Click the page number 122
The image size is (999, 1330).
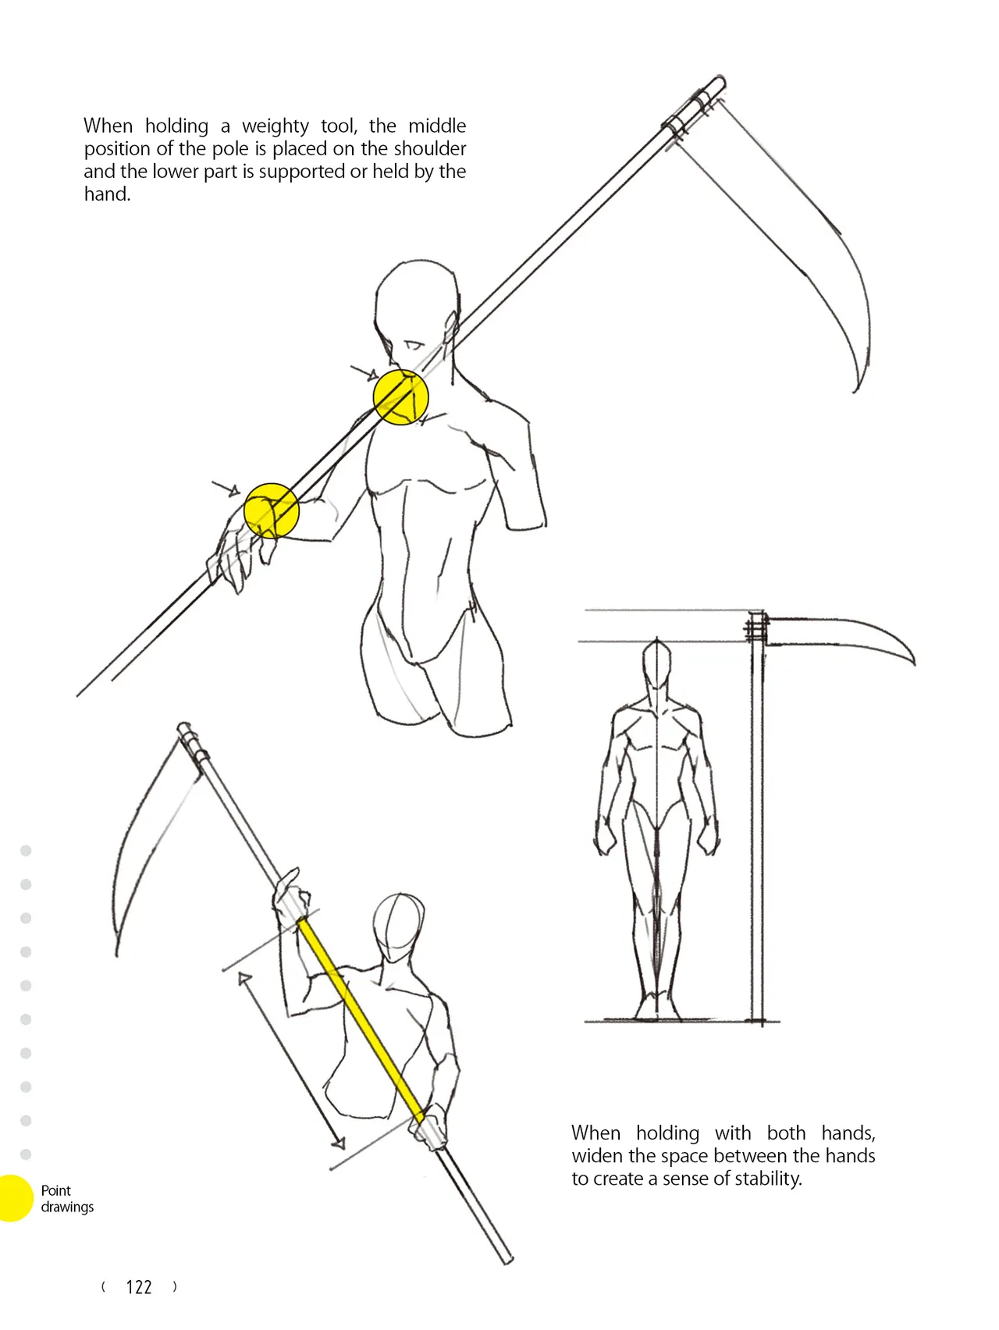139,1287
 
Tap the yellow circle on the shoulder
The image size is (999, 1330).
401,397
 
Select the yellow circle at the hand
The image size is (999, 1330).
272,510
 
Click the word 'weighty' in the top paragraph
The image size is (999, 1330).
276,126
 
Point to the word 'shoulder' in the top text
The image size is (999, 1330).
429,148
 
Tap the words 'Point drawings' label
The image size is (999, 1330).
67,1199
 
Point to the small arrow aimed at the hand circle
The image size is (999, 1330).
226,489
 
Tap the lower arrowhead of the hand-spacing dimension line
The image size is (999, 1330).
338,1143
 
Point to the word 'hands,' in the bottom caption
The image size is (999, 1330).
848,1133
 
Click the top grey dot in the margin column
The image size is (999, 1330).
26,851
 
